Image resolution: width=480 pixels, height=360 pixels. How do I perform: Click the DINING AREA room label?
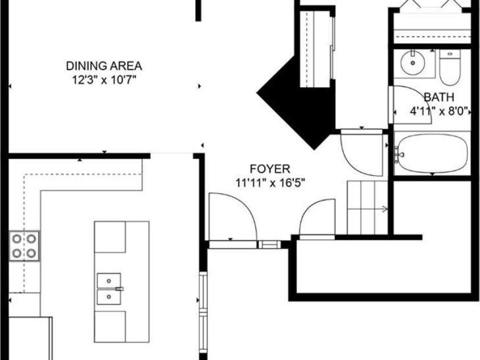(x=104, y=66)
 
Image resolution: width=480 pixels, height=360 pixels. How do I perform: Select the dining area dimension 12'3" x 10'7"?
(x=104, y=77)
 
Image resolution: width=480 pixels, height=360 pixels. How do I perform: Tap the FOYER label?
(x=270, y=169)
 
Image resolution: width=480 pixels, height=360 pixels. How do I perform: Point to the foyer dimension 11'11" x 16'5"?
(x=270, y=183)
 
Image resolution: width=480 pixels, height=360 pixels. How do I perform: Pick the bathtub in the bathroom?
(x=432, y=153)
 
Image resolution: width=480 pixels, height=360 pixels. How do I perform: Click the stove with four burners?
(x=23, y=246)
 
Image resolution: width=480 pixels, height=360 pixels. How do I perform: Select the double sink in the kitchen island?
(x=110, y=289)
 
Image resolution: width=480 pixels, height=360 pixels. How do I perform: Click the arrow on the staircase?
(x=385, y=209)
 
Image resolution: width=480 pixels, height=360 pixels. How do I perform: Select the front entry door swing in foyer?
(x=232, y=216)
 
